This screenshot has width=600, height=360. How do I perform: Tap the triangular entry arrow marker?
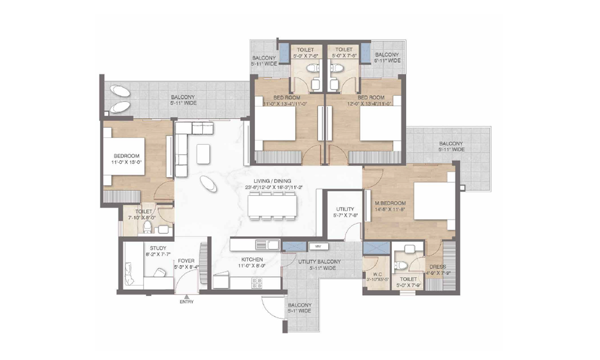[187, 296]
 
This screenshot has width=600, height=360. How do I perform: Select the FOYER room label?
[185, 260]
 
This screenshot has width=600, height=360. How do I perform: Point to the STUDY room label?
[158, 247]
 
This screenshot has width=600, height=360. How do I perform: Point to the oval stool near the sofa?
[209, 184]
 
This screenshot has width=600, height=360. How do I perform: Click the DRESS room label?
[436, 267]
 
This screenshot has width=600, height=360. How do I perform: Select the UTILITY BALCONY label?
[319, 262]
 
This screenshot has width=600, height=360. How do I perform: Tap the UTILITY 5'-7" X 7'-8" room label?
[344, 208]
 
